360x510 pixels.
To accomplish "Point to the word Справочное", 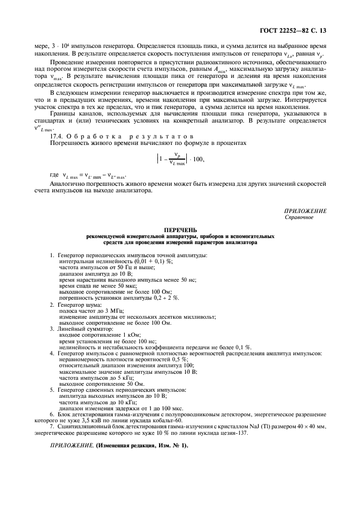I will point(299,217).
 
